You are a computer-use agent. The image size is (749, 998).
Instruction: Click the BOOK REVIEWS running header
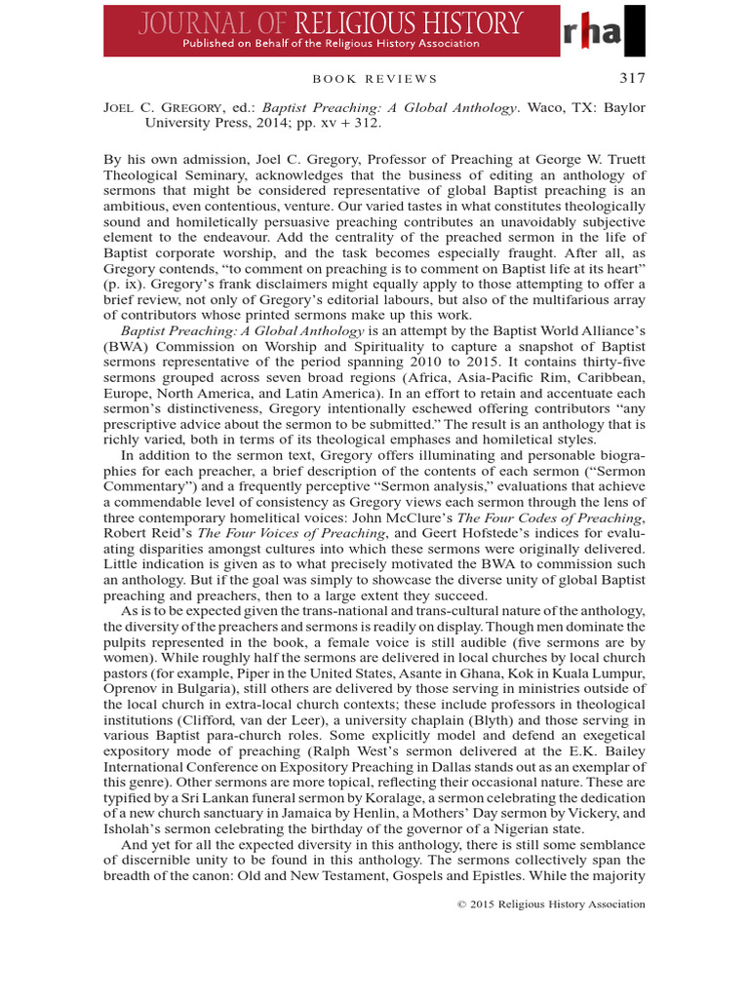pyautogui.click(x=374, y=79)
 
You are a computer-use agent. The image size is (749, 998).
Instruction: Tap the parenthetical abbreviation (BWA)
pyautogui.click(x=129, y=347)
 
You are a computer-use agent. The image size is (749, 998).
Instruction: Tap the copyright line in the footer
pyautogui.click(x=552, y=904)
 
